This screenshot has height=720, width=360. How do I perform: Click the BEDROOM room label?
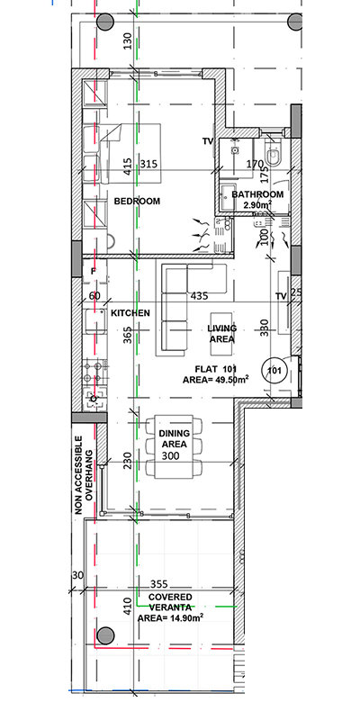pos(137,201)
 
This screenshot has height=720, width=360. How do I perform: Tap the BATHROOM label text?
pos(257,194)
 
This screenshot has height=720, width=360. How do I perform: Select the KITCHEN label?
pos(130,312)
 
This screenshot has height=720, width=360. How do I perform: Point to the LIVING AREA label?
pos(221,334)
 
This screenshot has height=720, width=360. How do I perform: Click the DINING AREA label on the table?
pos(174,438)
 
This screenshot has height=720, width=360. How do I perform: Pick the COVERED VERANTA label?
pos(170,602)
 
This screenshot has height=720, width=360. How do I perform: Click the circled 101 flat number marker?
pos(274,370)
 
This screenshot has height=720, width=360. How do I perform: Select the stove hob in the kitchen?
pos(94,372)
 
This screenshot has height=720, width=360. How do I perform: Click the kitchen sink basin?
pos(95,321)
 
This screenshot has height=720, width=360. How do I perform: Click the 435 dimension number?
pos(199,296)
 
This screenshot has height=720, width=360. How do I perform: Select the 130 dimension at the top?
pos(128,40)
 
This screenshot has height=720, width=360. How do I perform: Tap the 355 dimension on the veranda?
pos(159,584)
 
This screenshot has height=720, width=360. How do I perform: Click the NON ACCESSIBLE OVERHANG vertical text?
pos(84,475)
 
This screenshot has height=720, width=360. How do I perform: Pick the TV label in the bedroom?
pos(208,141)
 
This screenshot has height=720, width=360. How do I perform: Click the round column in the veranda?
pos(105,635)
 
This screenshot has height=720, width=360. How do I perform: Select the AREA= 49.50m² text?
pos(216,380)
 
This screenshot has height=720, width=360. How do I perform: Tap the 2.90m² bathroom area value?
pos(257,205)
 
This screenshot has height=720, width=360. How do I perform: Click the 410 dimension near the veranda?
pos(128,606)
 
